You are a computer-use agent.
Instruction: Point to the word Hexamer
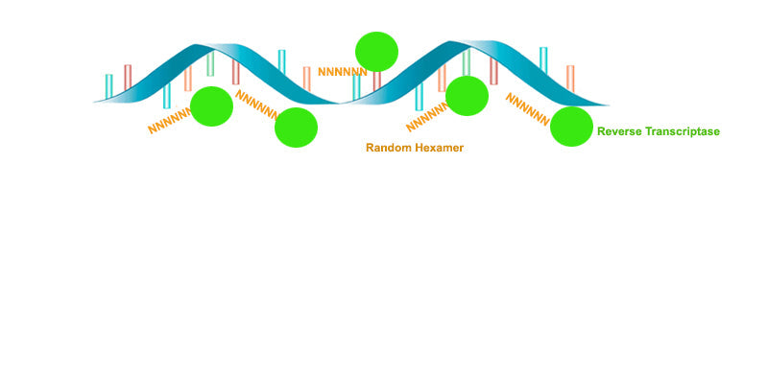441,148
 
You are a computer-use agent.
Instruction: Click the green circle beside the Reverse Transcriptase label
571,127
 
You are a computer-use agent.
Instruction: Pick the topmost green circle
376,51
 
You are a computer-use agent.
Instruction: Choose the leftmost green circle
212,106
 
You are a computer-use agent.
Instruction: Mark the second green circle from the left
296,128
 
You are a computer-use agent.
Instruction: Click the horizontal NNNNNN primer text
342,72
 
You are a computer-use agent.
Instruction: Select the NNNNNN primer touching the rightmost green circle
527,109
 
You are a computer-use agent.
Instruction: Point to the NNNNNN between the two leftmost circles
257,105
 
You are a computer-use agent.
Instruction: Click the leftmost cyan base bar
109,85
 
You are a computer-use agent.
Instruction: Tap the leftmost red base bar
128,77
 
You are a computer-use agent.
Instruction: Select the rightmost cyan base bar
543,59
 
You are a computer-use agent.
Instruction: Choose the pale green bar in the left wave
210,64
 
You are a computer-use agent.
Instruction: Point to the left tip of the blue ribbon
96,100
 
